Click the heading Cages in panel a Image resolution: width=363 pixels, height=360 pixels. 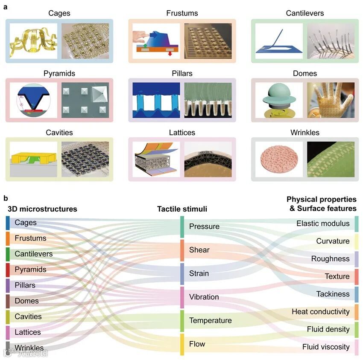[59, 13]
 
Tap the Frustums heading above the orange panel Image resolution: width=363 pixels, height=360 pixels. [182, 13]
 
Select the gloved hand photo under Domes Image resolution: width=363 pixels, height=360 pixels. [324, 101]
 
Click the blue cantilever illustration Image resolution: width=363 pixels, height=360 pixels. [279, 41]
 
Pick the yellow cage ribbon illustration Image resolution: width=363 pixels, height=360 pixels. [33, 41]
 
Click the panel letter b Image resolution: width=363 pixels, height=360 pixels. [6, 198]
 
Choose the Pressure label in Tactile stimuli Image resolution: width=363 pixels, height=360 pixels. [204, 226]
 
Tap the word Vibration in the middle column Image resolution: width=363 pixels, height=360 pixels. [204, 297]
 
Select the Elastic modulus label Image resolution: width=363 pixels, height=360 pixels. [323, 224]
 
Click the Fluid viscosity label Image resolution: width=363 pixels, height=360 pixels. [326, 347]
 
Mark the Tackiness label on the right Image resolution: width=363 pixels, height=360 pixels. [333, 294]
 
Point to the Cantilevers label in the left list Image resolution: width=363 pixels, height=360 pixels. [33, 254]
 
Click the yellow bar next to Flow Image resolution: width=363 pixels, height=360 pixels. [182, 344]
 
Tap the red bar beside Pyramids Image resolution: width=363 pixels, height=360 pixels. [8, 270]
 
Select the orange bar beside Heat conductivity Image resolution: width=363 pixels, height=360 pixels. [357, 312]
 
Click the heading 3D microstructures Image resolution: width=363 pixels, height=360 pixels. [42, 209]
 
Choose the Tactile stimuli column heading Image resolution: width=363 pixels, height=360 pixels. [182, 209]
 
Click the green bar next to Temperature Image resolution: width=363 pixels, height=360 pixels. [182, 321]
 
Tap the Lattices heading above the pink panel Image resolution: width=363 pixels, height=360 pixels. [182, 133]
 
